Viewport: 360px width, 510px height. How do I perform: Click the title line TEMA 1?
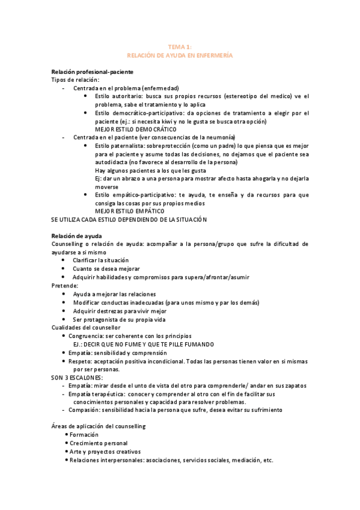coord(180,46)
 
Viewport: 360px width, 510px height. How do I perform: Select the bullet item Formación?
coord(85,434)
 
